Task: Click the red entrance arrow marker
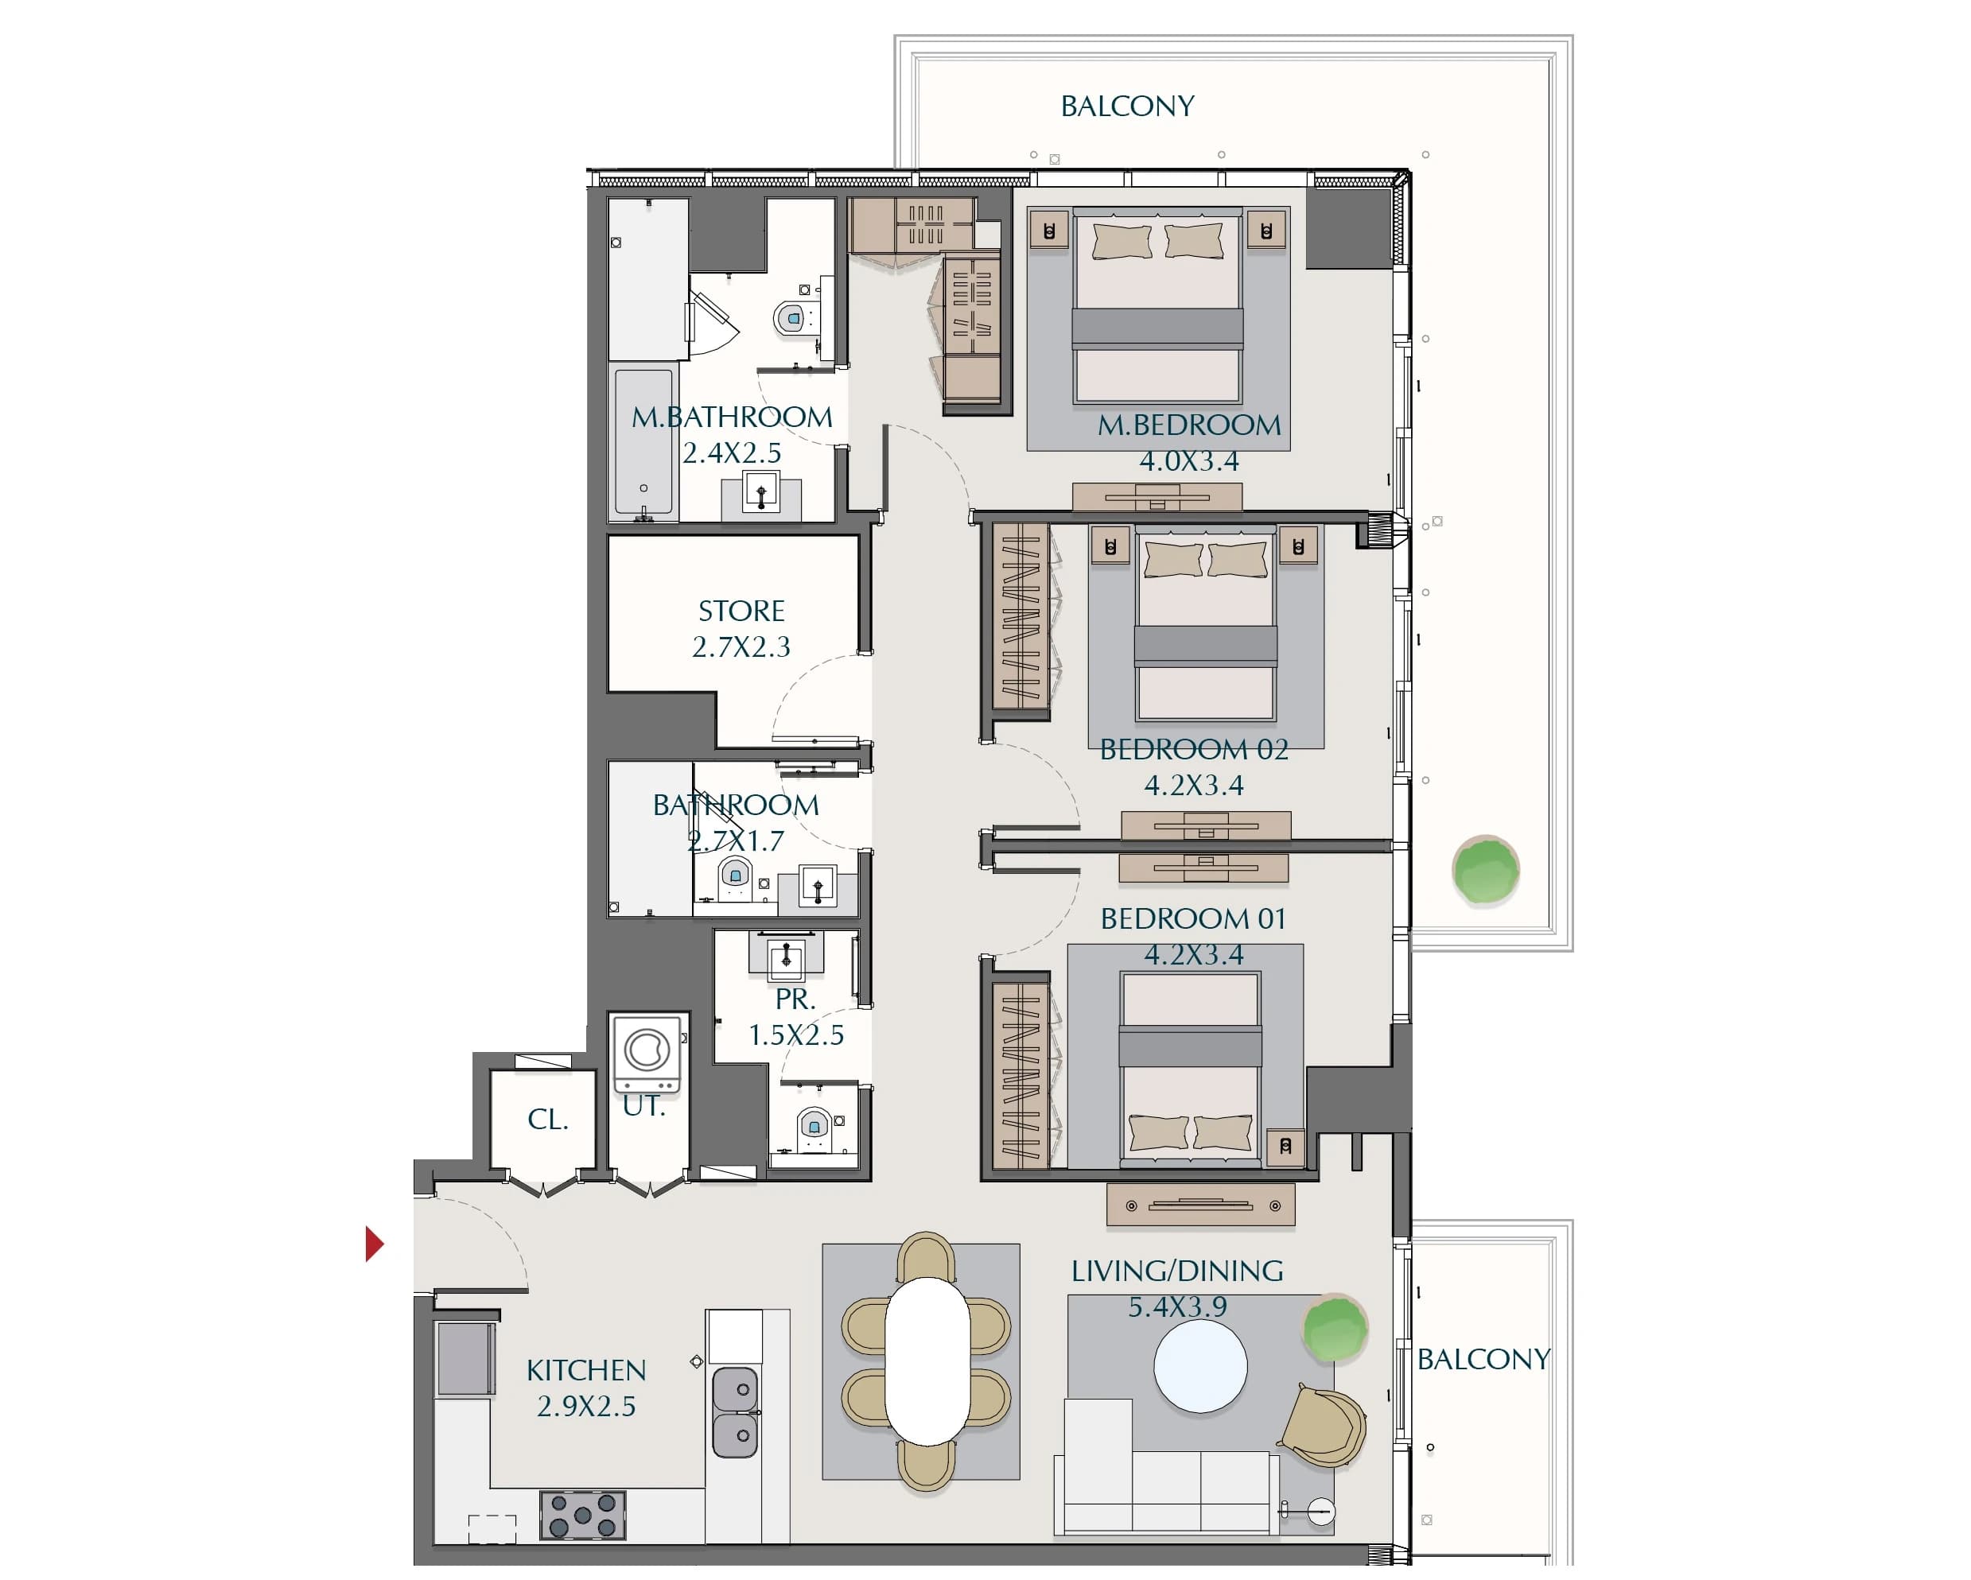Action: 374,1244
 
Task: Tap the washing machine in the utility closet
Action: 647,1052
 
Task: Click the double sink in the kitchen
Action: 735,1412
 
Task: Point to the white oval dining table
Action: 927,1361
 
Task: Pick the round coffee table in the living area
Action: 1200,1367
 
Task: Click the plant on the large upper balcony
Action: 1486,869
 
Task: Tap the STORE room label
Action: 741,611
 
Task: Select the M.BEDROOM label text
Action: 1189,425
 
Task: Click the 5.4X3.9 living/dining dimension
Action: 1177,1306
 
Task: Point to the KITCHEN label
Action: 586,1370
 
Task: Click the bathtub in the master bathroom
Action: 643,442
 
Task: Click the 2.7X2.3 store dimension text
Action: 741,647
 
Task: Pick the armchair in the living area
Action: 1324,1426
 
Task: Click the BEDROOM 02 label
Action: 1194,749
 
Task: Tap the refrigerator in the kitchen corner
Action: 465,1358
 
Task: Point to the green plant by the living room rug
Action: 1335,1328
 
